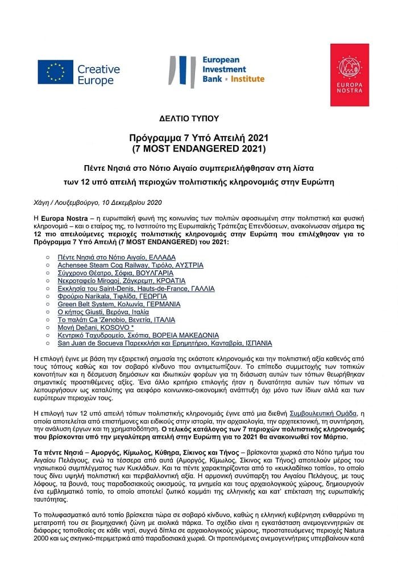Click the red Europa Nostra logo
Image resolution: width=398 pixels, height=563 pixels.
tap(349, 75)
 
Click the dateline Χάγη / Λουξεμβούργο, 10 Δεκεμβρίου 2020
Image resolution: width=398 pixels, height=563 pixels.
tap(98, 203)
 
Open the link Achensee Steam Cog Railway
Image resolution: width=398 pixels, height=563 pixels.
tap(130, 265)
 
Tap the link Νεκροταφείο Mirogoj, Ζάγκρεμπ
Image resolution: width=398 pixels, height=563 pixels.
tap(122, 281)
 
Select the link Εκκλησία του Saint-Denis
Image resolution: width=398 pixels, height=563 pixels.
tap(136, 289)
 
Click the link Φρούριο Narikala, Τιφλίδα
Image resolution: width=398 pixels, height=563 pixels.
tap(113, 297)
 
